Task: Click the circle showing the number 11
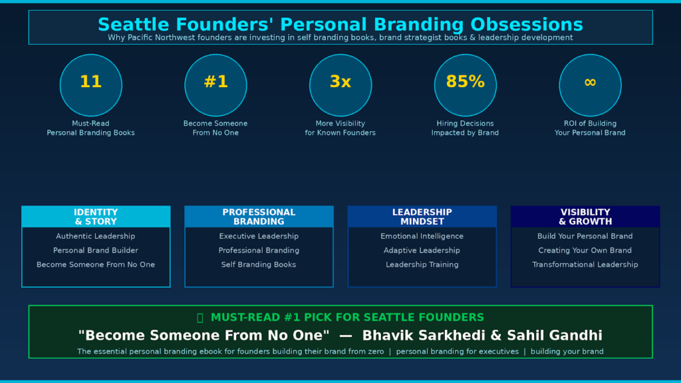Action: click(90, 85)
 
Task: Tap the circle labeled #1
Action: click(216, 85)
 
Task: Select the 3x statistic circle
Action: click(340, 85)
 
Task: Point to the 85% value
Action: click(465, 82)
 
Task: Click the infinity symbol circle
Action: click(591, 85)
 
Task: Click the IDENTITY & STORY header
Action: click(96, 217)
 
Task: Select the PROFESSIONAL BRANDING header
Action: click(259, 217)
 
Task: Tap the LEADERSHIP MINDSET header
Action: click(422, 217)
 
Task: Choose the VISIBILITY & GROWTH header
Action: click(585, 217)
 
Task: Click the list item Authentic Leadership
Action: click(96, 236)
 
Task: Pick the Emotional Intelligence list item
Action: click(422, 236)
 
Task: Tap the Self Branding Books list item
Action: click(259, 265)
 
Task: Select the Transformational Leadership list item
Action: click(585, 265)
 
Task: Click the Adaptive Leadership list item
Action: click(422, 251)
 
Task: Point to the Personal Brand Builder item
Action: click(96, 251)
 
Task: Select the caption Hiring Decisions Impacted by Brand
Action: click(465, 128)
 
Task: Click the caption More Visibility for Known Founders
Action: click(340, 128)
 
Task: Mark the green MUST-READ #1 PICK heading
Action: click(340, 317)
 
